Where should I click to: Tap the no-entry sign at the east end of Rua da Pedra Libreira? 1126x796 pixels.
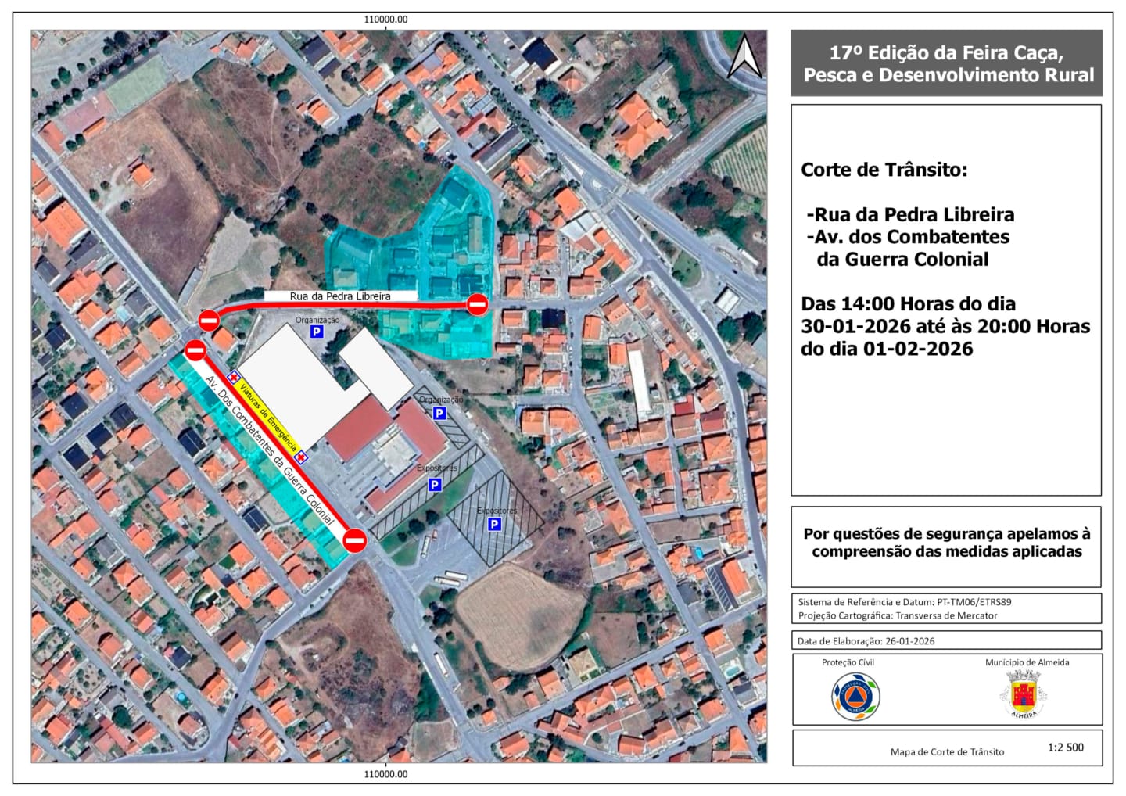tap(478, 304)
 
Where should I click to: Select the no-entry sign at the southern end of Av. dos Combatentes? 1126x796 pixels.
tap(355, 540)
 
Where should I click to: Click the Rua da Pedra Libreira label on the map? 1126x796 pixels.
tap(340, 296)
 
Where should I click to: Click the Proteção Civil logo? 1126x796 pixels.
tap(855, 697)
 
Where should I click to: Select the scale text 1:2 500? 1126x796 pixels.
tap(1066, 748)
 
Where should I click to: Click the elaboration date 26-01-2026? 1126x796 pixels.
tap(909, 641)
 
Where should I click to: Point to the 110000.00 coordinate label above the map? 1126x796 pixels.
tap(386, 20)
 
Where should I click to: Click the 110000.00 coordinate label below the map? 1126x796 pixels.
tap(386, 775)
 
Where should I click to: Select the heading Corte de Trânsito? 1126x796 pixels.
tap(884, 170)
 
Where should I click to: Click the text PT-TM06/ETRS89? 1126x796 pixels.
tap(974, 602)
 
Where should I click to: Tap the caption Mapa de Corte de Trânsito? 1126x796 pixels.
tap(947, 752)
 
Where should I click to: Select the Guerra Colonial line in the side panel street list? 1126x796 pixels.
tap(902, 260)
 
